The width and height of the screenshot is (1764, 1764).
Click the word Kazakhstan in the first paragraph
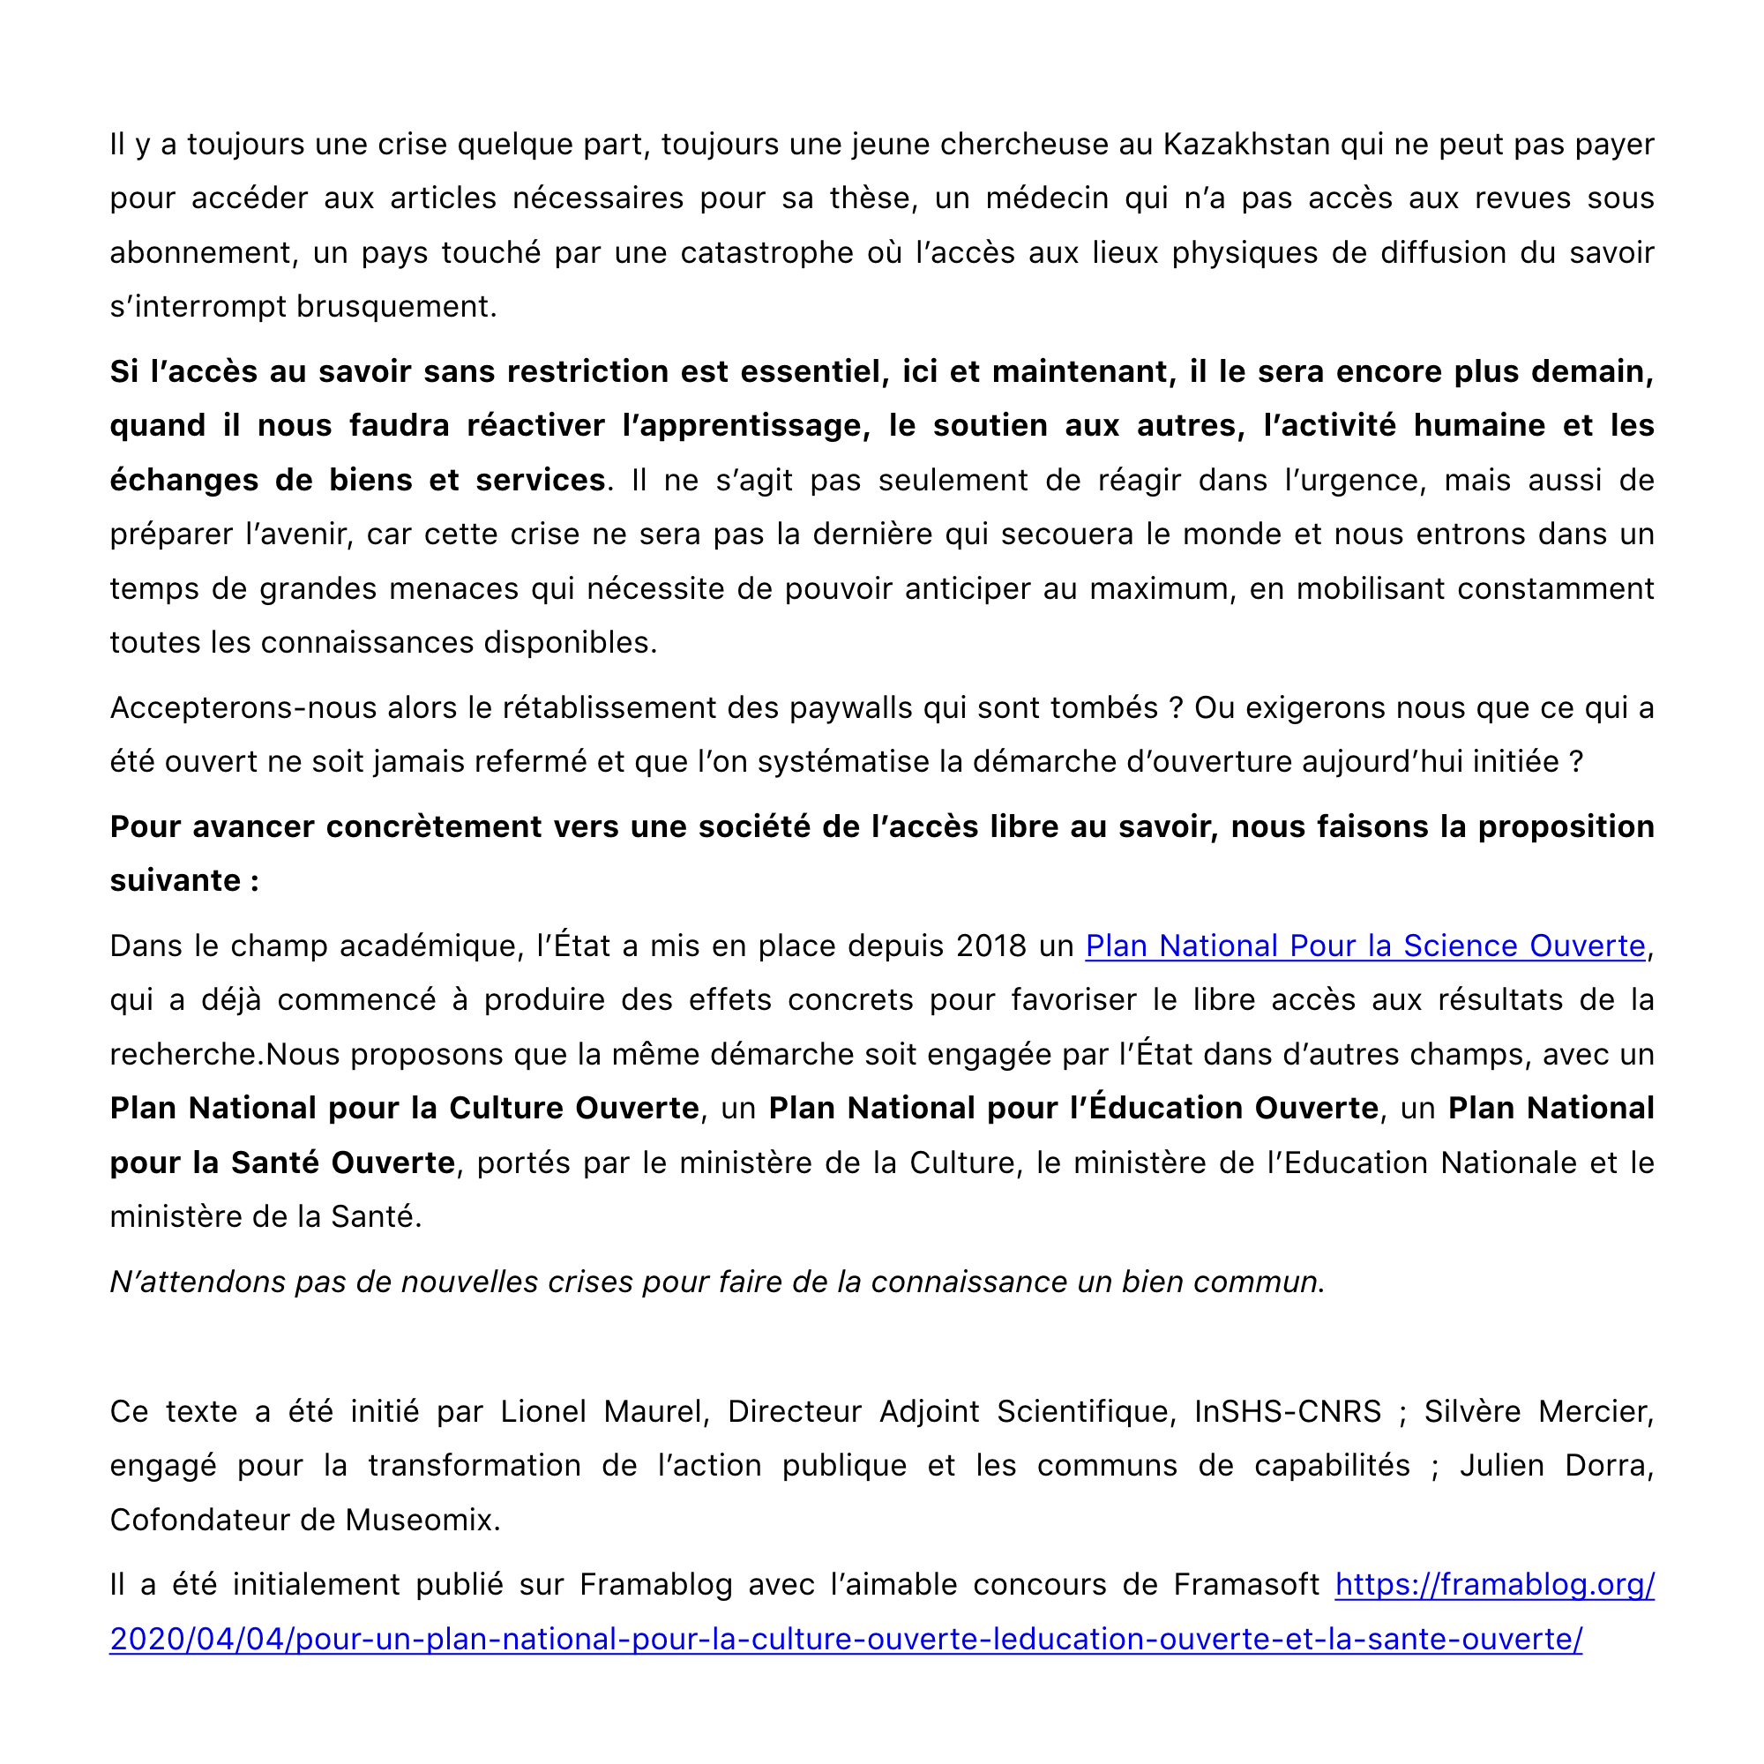pos(1245,145)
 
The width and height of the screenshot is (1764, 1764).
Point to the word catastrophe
pos(766,253)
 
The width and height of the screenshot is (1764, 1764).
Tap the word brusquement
pos(396,307)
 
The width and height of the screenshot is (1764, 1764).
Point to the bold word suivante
pos(176,880)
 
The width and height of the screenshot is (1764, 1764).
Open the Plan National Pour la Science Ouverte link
pos(1365,946)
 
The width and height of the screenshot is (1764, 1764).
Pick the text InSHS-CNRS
pos(1288,1411)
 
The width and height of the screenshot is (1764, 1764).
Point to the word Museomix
pos(422,1521)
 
